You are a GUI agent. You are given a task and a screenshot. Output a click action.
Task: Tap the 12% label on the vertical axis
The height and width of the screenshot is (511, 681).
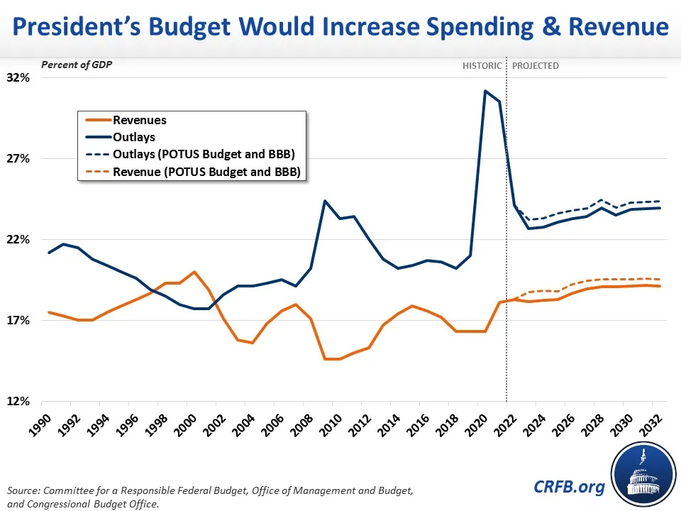tap(19, 401)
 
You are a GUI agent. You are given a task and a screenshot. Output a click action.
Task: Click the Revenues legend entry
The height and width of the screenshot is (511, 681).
tap(139, 121)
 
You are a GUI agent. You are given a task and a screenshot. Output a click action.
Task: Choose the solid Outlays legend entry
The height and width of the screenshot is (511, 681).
tap(133, 137)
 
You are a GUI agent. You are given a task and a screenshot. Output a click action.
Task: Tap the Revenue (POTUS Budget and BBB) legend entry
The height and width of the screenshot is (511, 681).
tap(206, 171)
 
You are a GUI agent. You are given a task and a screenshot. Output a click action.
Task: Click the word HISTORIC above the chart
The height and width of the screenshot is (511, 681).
tap(482, 66)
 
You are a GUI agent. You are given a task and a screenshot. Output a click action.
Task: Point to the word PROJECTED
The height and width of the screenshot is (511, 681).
tap(535, 66)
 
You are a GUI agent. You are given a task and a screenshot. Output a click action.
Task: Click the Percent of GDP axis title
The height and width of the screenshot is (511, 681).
tap(77, 65)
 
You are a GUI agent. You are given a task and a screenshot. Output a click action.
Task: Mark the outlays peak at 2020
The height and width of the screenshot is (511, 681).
tap(485, 91)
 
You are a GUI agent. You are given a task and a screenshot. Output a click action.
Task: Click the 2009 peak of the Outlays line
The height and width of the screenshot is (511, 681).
tap(324, 201)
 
